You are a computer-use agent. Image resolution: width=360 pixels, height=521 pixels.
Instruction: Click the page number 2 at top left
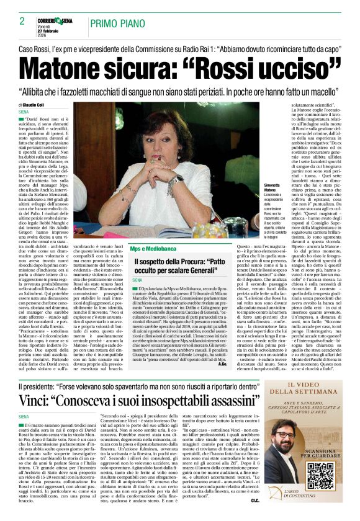(22, 21)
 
